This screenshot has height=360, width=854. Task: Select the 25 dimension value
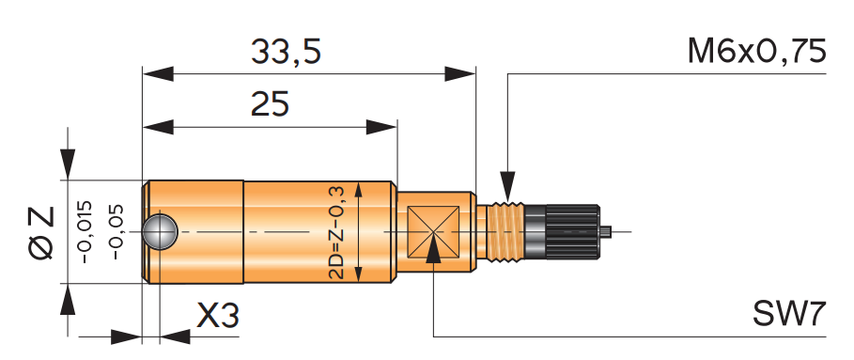coord(270,103)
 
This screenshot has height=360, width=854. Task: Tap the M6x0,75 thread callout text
coord(757,53)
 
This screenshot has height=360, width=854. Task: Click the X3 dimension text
coord(218,316)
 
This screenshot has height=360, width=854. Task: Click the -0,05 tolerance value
coord(116,232)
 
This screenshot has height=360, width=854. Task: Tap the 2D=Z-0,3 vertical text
coord(336,232)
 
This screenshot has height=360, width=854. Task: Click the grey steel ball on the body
coord(160,232)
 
